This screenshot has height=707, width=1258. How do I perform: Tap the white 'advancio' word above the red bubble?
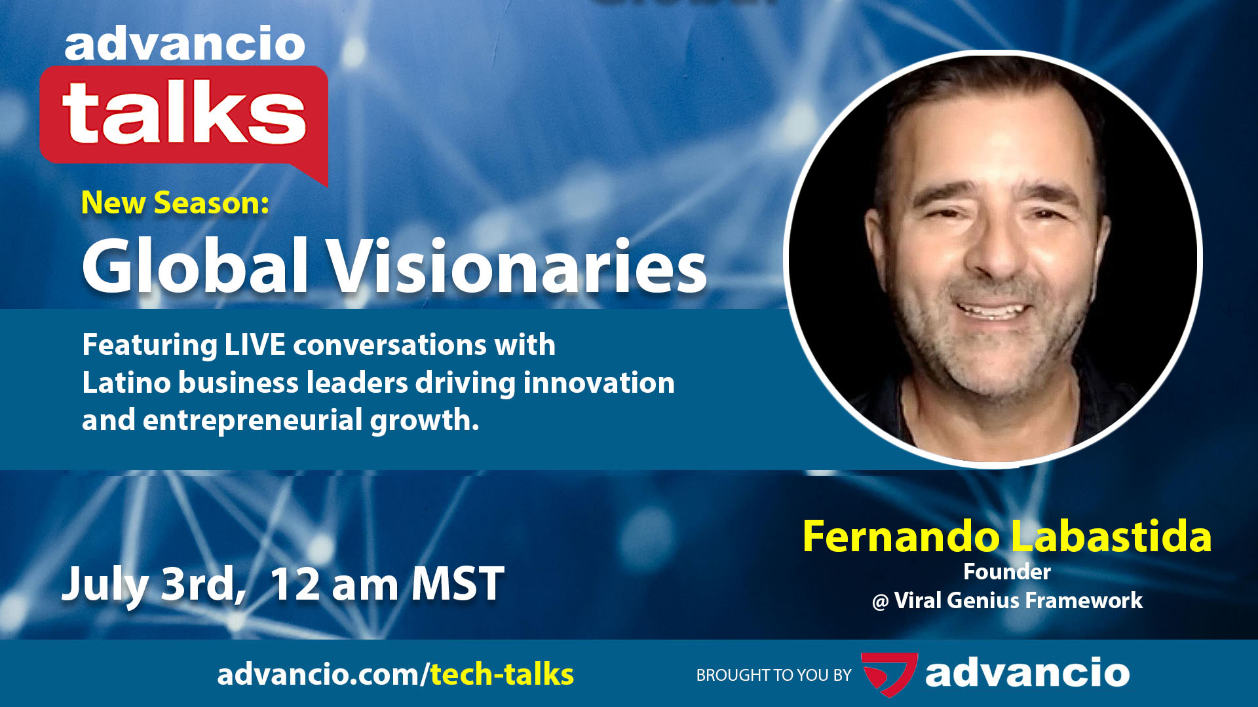[185, 45]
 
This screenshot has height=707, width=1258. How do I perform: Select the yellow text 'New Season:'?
[175, 203]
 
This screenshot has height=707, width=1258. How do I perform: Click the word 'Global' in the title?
[195, 266]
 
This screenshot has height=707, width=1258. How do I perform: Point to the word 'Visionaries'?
[517, 266]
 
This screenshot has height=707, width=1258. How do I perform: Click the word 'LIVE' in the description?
[255, 345]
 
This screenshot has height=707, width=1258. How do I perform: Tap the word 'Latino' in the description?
[124, 383]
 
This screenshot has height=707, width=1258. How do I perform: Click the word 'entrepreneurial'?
[252, 420]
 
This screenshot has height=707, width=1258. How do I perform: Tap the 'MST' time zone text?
[457, 584]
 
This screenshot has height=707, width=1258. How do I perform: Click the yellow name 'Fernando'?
[901, 537]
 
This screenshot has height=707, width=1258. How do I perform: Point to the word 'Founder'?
[1007, 572]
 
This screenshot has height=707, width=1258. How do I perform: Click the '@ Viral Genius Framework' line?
[1007, 601]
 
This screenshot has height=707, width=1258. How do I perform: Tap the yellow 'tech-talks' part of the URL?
[502, 674]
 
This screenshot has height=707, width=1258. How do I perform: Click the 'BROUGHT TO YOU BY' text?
[774, 675]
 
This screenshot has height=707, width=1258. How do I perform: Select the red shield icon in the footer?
[888, 674]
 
